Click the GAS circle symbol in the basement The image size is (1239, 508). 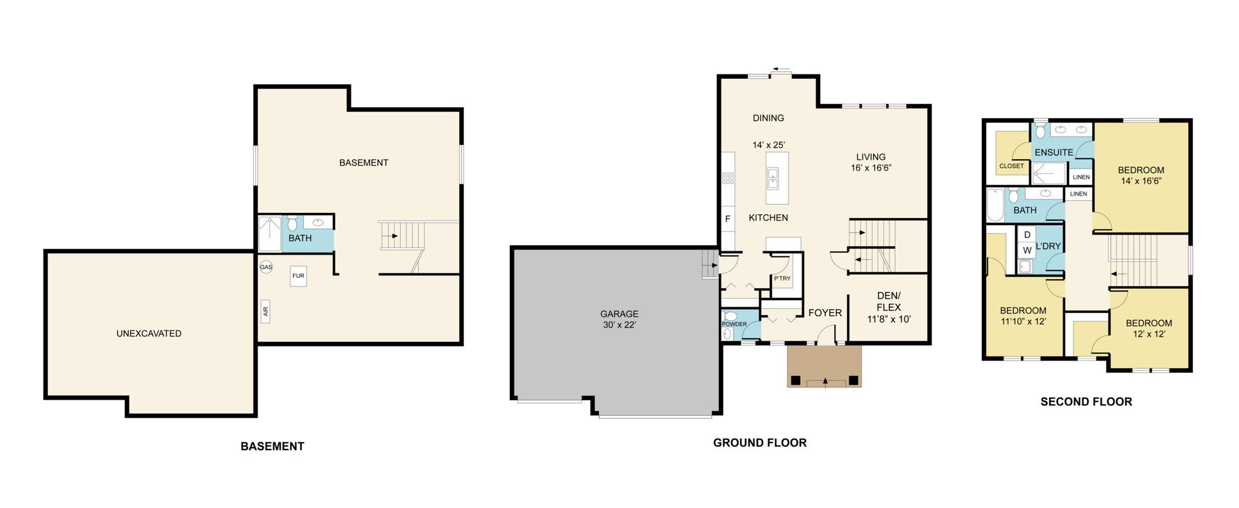coord(266,267)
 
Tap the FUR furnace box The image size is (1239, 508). coord(298,276)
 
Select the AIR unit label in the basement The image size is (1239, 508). coord(265,312)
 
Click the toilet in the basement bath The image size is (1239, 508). coord(292,223)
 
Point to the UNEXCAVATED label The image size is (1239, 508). coord(149,334)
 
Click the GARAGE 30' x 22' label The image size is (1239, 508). coord(619,319)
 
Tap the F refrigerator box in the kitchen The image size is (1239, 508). coord(728,219)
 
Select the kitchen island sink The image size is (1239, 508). coord(773,178)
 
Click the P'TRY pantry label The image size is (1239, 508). coord(782,278)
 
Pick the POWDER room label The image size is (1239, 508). coord(734,324)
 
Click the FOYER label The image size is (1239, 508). coord(825,313)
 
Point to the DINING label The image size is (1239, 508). coord(768,118)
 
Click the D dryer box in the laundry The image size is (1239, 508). coord(1027,235)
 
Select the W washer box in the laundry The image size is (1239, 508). coord(1027,250)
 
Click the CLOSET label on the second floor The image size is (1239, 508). coord(1012,166)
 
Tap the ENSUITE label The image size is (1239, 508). coord(1054,153)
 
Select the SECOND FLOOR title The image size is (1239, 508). coord(1086,402)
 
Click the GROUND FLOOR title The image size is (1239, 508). coord(760,443)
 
